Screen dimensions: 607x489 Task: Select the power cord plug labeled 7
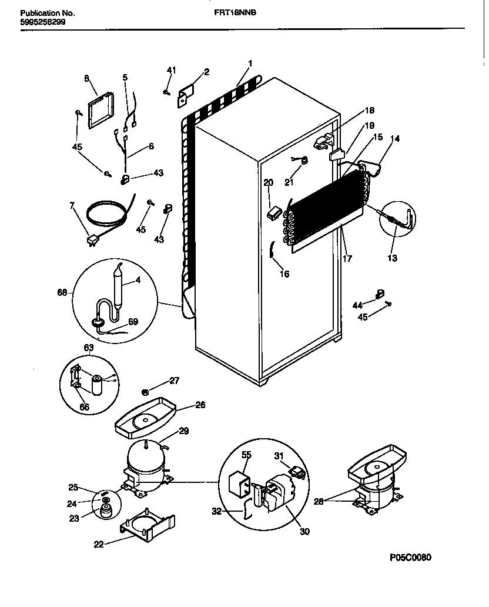pos(91,240)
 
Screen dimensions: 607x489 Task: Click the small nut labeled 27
pos(145,391)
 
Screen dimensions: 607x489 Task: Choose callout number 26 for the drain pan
pos(201,405)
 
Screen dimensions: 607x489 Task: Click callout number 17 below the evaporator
pos(348,258)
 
